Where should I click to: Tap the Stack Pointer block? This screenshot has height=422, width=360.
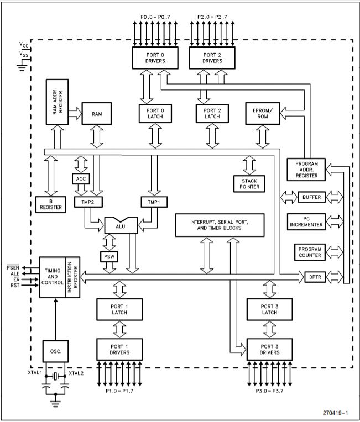pyautogui.click(x=249, y=183)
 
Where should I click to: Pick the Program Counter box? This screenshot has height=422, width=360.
pyautogui.click(x=310, y=252)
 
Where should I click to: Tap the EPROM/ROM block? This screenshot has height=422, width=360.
pyautogui.click(x=263, y=114)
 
